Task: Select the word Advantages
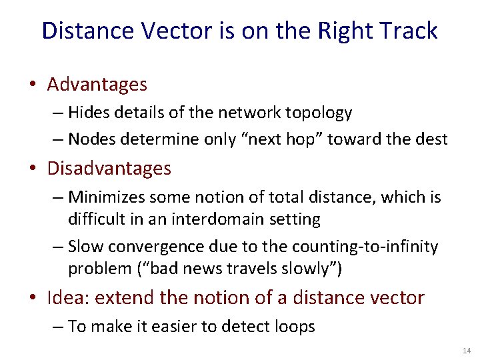click(x=97, y=85)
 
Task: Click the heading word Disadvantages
click(x=109, y=169)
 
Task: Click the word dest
click(x=431, y=139)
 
